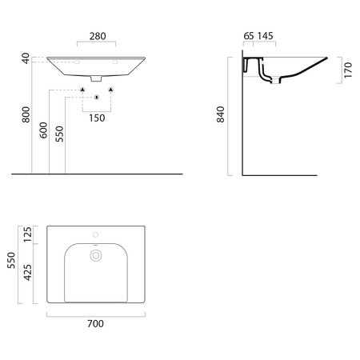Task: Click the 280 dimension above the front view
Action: tap(98, 36)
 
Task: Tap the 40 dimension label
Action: tap(26, 58)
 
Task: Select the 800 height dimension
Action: tap(26, 114)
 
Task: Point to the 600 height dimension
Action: tap(43, 130)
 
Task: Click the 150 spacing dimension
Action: tap(97, 118)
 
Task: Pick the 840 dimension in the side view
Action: tap(221, 114)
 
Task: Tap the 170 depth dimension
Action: tap(348, 70)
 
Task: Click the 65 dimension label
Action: tap(249, 36)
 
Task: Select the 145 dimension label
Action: tap(265, 36)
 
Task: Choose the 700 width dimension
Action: tap(95, 323)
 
